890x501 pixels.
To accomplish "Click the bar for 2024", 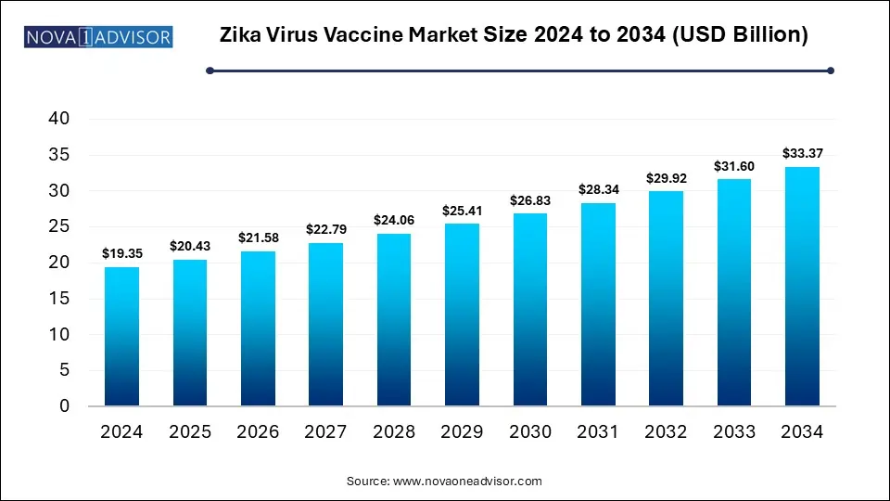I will [121, 337].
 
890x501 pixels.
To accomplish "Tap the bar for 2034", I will [802, 287].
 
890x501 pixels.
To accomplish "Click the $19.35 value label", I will [121, 252].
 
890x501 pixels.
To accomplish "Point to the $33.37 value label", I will [802, 152].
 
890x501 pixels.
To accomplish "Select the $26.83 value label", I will [529, 199].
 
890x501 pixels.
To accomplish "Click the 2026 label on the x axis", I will [257, 432].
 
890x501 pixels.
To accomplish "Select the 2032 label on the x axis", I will [667, 432].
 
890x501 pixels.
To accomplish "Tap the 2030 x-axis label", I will [530, 432].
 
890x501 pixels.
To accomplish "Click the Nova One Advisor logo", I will [98, 37].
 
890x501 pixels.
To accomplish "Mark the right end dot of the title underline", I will [830, 70].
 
